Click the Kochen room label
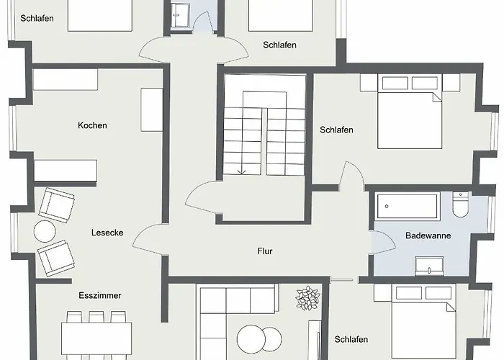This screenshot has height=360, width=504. point(92,125)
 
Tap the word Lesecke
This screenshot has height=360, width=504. point(107,233)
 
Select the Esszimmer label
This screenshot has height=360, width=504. point(100,295)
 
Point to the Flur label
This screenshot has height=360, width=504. point(265,251)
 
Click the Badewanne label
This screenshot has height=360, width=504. point(428,235)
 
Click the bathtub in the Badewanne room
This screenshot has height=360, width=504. point(408,206)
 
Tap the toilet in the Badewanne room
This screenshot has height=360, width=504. point(461,204)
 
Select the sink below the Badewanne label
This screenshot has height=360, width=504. point(429,266)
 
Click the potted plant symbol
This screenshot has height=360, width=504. point(308,298)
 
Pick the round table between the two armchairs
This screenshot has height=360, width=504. point(45,231)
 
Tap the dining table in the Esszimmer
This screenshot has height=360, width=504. point(96,338)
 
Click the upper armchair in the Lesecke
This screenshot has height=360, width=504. point(57,205)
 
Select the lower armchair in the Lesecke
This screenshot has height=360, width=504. point(56,258)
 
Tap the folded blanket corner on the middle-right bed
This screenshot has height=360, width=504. point(437,96)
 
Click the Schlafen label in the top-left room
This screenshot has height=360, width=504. point(37,18)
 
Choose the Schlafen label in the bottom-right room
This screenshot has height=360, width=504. point(351,339)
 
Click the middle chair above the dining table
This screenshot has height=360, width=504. point(96,317)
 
